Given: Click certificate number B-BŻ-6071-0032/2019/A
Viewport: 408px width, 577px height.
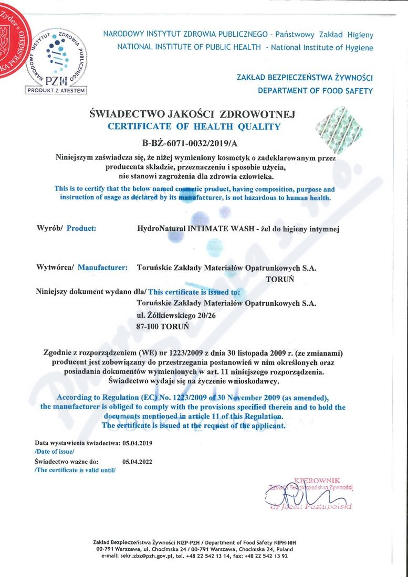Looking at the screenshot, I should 193,143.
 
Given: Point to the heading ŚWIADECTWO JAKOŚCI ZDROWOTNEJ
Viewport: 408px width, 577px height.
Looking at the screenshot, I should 194,114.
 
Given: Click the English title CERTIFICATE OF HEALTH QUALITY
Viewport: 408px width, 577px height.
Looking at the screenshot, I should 194,126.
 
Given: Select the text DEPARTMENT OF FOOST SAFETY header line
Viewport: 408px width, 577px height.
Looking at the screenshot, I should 315,91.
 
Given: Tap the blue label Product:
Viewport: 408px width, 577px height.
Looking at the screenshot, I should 81,228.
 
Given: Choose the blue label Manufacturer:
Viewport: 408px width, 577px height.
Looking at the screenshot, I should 102,268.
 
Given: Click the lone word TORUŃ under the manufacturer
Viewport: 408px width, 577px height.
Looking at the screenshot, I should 280,279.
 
